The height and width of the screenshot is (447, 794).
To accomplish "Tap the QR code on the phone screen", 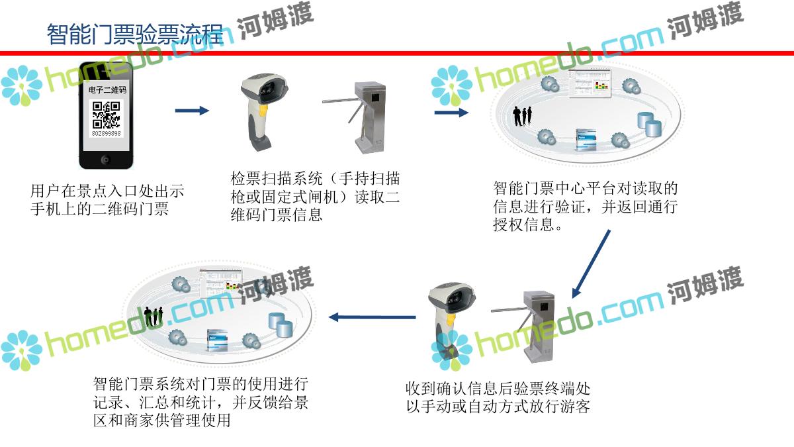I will (106, 115).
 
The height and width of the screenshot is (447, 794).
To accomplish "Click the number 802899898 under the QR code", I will (106, 133).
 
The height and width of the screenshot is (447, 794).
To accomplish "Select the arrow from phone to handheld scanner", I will (192, 111).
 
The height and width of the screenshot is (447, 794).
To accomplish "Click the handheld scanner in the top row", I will (264, 109).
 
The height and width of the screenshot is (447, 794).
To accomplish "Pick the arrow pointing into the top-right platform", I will (451, 113).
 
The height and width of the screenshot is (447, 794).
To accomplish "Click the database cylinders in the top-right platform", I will (644, 123).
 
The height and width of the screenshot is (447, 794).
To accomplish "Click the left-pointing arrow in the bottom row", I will (372, 317).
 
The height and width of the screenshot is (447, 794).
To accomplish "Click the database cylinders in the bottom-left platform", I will (280, 323).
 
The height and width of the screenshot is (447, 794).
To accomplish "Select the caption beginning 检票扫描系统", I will (315, 196).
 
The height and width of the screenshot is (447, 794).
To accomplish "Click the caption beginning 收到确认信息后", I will (498, 396).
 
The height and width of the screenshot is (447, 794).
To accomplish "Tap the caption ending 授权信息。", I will (585, 207).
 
